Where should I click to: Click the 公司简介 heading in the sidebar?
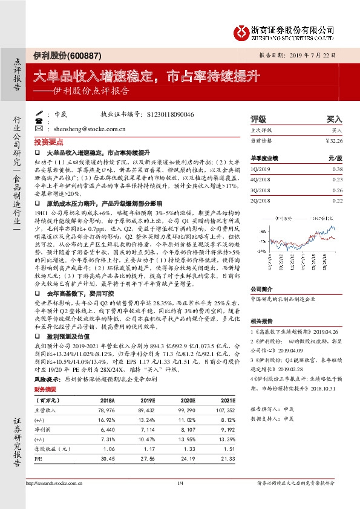[x=261, y=289]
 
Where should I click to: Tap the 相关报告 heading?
[x=261, y=321]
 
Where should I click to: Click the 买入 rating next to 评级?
[x=334, y=119]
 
